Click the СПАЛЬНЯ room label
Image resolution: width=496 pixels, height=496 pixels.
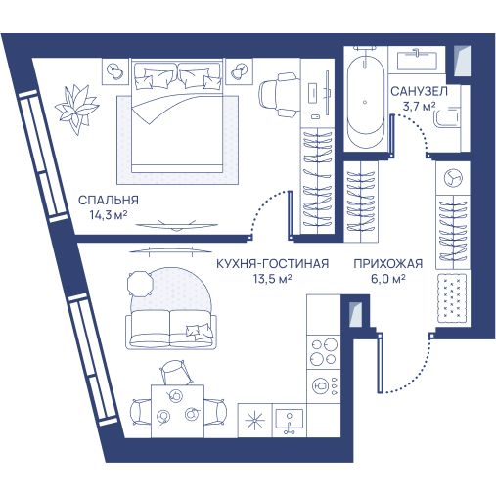click(x=109, y=200)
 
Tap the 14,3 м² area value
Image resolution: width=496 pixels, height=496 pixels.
click(x=109, y=215)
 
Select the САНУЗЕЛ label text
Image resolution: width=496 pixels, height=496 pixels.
click(x=419, y=91)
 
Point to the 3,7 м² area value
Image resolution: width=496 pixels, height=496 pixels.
click(x=420, y=106)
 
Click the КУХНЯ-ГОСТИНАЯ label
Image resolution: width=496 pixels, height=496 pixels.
click(x=273, y=263)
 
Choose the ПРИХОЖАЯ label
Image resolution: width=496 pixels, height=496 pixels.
click(x=388, y=263)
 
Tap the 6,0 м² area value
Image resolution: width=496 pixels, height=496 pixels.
click(x=388, y=279)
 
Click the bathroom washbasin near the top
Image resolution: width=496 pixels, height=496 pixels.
click(x=417, y=60)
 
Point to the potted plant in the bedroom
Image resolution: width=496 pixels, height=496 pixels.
click(x=77, y=109)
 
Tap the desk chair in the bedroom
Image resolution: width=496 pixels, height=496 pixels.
click(x=279, y=95)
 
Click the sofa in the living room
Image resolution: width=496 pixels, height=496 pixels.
click(x=170, y=329)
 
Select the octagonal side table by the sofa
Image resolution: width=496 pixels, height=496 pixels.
click(x=140, y=284)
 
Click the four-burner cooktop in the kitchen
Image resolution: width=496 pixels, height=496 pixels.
click(x=323, y=351)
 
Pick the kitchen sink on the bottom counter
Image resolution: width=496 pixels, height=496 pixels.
click(x=290, y=420)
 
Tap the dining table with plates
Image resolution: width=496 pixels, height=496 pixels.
click(x=177, y=411)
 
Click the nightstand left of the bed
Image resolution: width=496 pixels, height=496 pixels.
click(x=115, y=71)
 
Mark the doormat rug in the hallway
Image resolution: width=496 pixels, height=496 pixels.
click(x=451, y=297)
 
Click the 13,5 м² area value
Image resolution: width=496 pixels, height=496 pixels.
click(x=273, y=279)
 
